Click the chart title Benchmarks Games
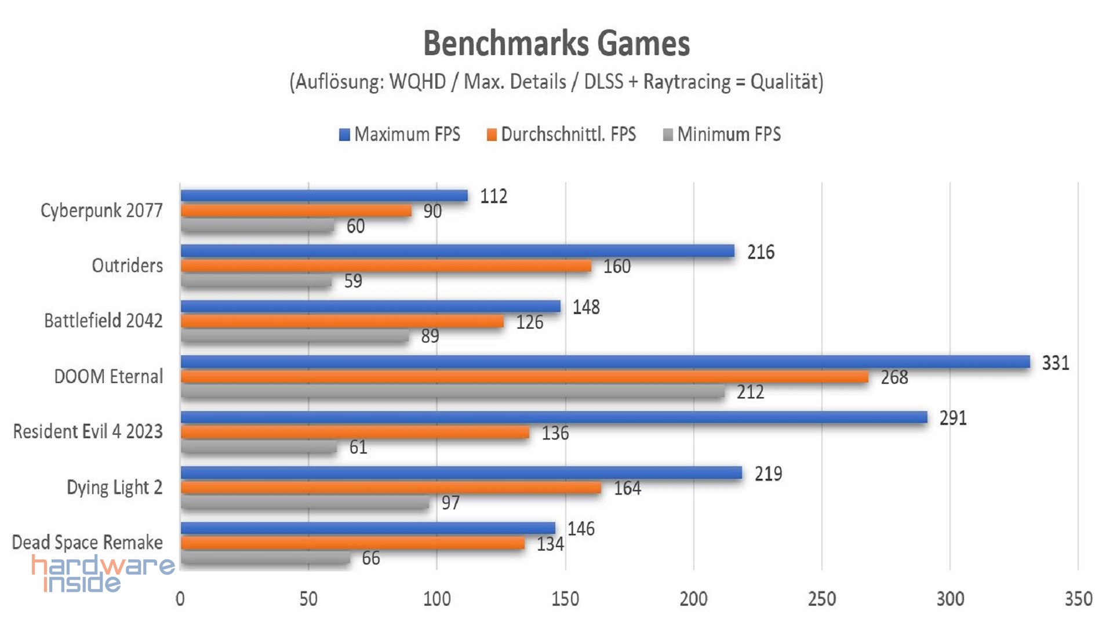pos(556,43)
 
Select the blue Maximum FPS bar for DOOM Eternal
pos(605,362)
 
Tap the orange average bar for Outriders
pos(385,265)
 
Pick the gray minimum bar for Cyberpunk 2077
pos(257,225)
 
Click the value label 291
pos(953,418)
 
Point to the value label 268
pos(894,377)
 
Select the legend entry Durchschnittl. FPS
pos(561,134)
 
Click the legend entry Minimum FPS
pos(722,134)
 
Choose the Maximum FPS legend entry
pos(400,134)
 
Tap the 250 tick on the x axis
pos(821,599)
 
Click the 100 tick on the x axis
pos(437,599)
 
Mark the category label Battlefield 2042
pos(103,321)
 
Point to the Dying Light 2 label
pos(114,487)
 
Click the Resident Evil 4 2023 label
pos(88,432)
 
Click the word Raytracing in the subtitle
pos(687,82)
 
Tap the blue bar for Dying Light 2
pos(461,473)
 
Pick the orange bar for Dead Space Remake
pos(352,543)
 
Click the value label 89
pos(430,336)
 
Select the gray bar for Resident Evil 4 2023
pos(259,447)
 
